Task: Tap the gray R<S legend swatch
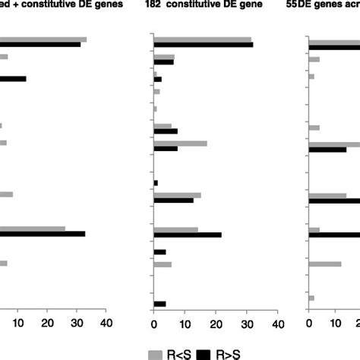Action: [x=155, y=353]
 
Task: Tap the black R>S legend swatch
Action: [x=204, y=353]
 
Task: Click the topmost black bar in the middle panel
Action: [x=203, y=45]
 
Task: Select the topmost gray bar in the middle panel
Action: [x=202, y=39]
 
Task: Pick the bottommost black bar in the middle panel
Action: [x=159, y=304]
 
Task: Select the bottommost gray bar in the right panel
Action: [x=311, y=298]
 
